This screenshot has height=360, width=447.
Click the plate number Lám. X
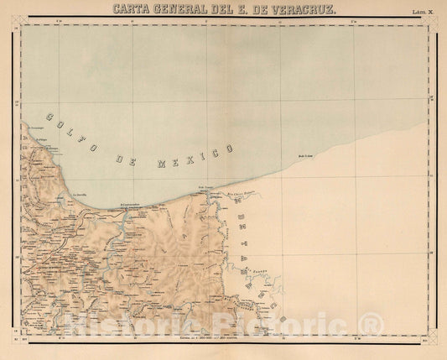(x=422, y=13)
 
